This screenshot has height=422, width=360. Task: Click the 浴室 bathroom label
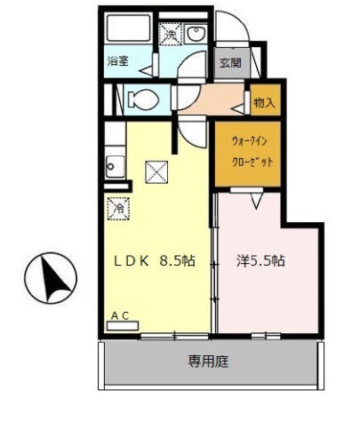pyautogui.click(x=118, y=61)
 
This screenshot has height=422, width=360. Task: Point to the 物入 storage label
pyautogui.click(x=264, y=101)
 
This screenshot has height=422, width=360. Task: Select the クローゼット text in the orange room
pyautogui.click(x=252, y=162)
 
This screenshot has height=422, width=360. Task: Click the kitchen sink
pyautogui.click(x=114, y=165)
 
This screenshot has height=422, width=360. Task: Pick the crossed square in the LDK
pyautogui.click(x=156, y=171)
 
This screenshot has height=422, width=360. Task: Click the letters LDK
pyautogui.click(x=132, y=261)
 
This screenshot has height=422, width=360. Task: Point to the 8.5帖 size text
pyautogui.click(x=177, y=261)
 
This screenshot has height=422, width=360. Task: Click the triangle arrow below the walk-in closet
pyautogui.click(x=255, y=203)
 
